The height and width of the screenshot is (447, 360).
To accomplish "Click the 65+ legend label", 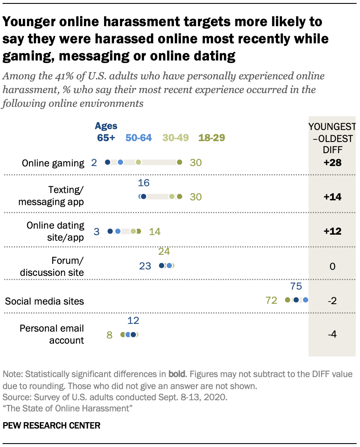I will pyautogui.click(x=105, y=138).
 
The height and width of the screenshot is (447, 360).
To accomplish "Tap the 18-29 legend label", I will pyautogui.click(x=211, y=138).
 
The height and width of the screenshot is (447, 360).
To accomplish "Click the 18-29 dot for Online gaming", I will pyautogui.click(x=179, y=162).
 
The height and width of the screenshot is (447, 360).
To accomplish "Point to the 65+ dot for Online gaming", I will pyautogui.click(x=108, y=162).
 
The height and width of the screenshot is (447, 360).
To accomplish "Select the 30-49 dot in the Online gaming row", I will pyautogui.click(x=138, y=162).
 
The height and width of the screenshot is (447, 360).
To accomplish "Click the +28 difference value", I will pyautogui.click(x=332, y=163).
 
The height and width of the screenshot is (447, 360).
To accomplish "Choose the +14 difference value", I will pyautogui.click(x=332, y=197).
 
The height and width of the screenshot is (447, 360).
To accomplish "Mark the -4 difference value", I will pyautogui.click(x=332, y=335).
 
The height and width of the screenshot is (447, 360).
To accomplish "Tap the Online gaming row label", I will pyautogui.click(x=53, y=163).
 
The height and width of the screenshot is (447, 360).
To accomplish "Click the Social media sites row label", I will pyautogui.click(x=45, y=301).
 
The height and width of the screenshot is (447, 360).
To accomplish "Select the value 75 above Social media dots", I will pyautogui.click(x=296, y=286).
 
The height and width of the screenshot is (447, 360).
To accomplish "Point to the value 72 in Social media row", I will pyautogui.click(x=271, y=300).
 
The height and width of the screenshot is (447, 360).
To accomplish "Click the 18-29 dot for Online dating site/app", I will pyautogui.click(x=138, y=231).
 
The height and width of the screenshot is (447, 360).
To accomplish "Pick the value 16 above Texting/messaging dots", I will pyautogui.click(x=144, y=183).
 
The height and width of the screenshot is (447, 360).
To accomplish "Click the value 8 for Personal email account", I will pyautogui.click(x=109, y=335).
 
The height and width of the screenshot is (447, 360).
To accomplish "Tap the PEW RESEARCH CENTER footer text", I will pyautogui.click(x=52, y=426).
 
